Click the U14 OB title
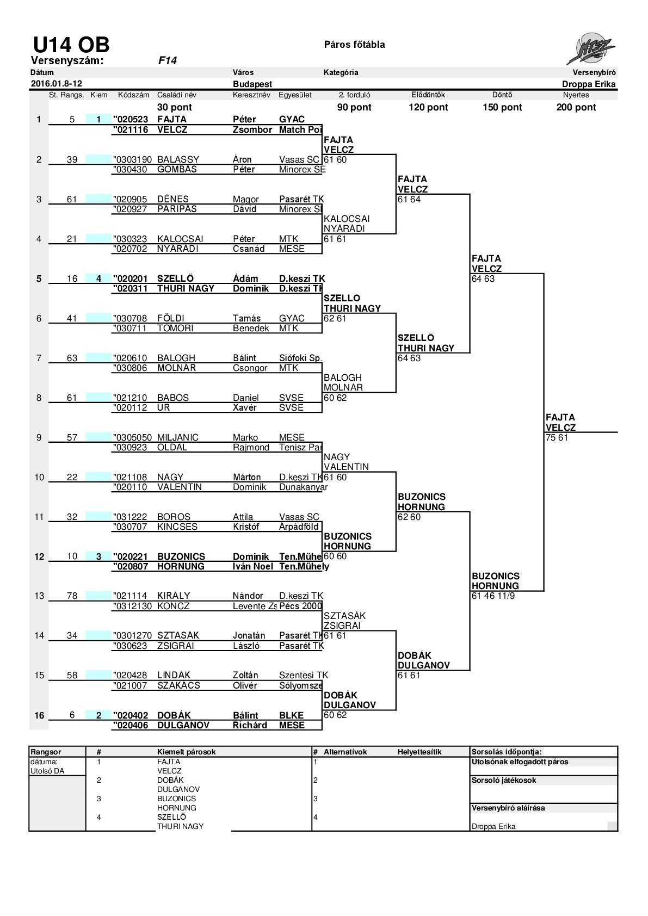pyautogui.click(x=71, y=45)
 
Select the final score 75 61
pyautogui.click(x=557, y=437)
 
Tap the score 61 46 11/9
pyautogui.click(x=493, y=596)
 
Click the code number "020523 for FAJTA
pyautogui.click(x=131, y=119)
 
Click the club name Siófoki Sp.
pyautogui.click(x=301, y=358)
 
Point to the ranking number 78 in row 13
pyautogui.click(x=72, y=596)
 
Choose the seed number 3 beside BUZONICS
pyautogui.click(x=98, y=556)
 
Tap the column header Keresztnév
pyautogui.click(x=251, y=95)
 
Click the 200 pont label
pyautogui.click(x=576, y=107)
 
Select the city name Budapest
pyautogui.click(x=252, y=84)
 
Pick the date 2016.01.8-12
pyautogui.click(x=57, y=84)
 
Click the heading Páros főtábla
pyautogui.click(x=354, y=45)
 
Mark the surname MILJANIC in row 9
pyautogui.click(x=178, y=437)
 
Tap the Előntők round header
pyautogui.click(x=428, y=95)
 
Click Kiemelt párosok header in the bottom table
pyautogui.click(x=186, y=752)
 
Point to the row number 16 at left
pyautogui.click(x=39, y=715)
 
